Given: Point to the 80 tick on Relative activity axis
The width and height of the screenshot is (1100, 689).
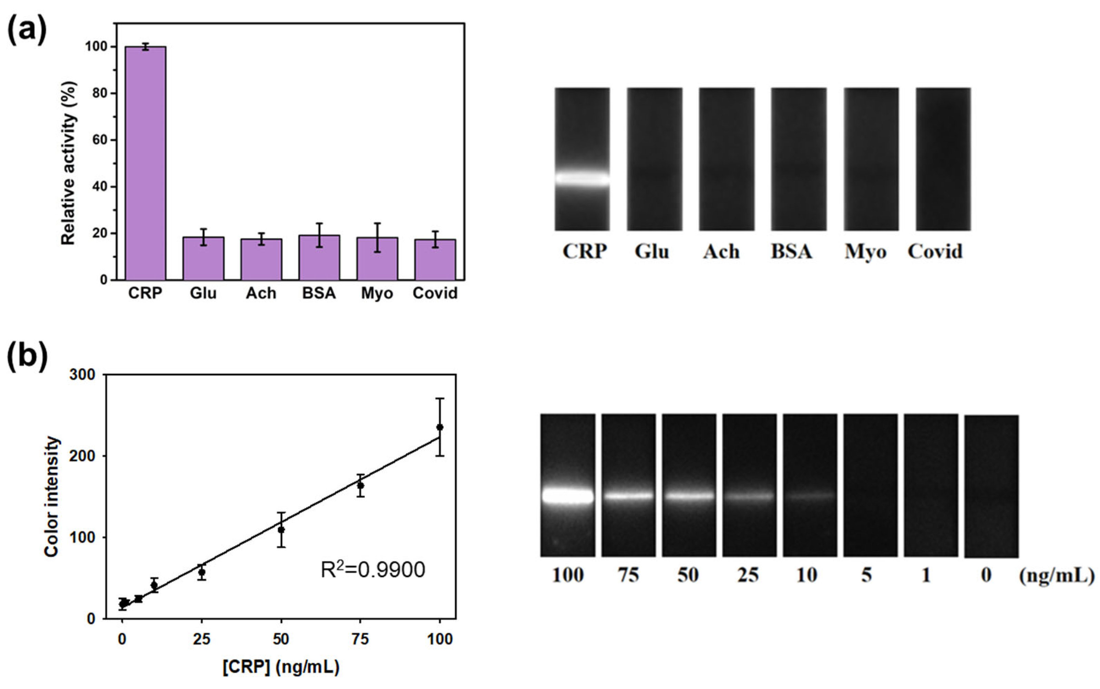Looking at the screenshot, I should (100, 93).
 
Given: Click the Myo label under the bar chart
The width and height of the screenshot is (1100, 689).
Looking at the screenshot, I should (377, 293).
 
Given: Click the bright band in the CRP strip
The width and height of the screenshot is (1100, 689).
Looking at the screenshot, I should (582, 178).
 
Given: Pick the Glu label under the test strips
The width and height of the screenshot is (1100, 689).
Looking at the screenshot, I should (652, 251).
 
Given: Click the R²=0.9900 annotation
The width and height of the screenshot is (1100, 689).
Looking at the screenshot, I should (373, 569).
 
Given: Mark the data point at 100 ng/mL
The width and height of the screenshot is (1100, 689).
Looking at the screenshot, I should (440, 427).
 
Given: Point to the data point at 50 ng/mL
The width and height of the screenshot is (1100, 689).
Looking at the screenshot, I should (281, 529).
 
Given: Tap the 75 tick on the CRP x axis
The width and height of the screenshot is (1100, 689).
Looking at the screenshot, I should (360, 639).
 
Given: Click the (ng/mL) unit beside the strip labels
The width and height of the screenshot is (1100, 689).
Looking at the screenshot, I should (1056, 576).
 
